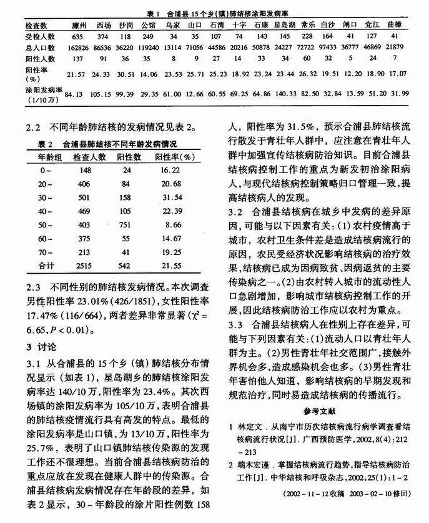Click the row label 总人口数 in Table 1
[x=22, y=47]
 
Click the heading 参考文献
[x=319, y=411]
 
